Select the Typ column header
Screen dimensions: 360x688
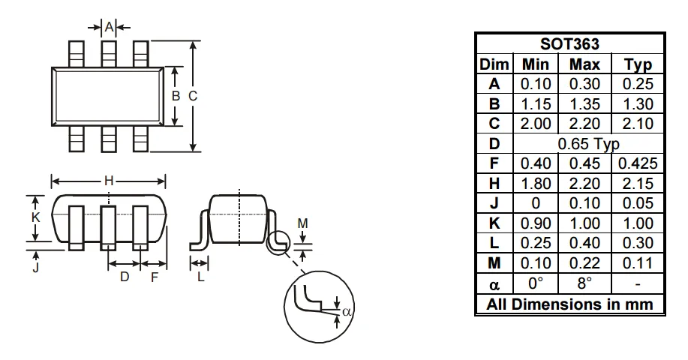638,64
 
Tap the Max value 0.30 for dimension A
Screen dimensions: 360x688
584,84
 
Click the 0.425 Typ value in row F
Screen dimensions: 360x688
638,163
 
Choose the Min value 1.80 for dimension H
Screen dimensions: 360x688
536,183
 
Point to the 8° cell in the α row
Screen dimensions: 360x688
584,283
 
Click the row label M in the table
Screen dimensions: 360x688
494,263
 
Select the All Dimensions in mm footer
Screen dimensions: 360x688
569,304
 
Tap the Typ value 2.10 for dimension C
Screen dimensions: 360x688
638,124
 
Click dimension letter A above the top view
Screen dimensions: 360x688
109,27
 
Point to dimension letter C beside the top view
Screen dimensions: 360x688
193,96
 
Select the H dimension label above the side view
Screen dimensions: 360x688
109,181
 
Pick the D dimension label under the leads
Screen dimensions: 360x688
125,277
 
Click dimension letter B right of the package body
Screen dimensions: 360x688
176,96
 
